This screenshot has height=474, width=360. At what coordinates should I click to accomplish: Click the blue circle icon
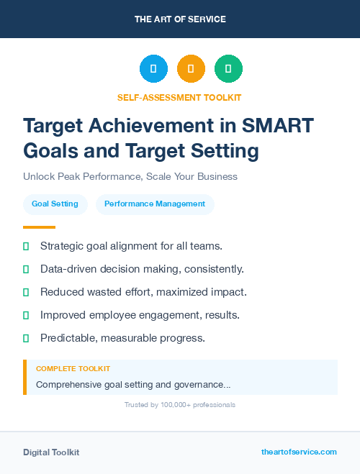tap(153, 69)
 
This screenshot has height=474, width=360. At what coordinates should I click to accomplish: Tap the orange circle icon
tap(191, 69)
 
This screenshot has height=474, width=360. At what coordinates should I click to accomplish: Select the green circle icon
tap(228, 69)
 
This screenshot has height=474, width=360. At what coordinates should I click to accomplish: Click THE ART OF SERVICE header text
tap(179, 19)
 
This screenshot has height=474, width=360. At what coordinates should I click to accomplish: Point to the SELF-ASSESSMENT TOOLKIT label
tap(179, 97)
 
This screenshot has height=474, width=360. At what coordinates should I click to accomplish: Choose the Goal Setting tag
tap(55, 204)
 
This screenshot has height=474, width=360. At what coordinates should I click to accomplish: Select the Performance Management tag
tap(155, 204)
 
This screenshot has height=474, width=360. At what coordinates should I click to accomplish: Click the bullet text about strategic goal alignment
tap(131, 246)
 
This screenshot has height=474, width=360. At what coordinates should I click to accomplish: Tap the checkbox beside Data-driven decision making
tap(26, 269)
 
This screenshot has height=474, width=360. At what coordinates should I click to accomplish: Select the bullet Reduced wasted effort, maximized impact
tap(143, 292)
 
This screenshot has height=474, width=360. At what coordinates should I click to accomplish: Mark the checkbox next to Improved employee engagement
tap(26, 315)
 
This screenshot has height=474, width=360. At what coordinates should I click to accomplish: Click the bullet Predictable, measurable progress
tap(122, 338)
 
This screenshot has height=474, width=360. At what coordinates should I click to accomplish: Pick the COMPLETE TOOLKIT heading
tap(73, 368)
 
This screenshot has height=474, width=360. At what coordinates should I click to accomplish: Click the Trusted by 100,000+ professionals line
tap(179, 405)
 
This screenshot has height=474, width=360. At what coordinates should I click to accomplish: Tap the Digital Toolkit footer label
tap(51, 452)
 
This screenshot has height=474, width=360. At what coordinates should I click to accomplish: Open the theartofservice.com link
tap(299, 452)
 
